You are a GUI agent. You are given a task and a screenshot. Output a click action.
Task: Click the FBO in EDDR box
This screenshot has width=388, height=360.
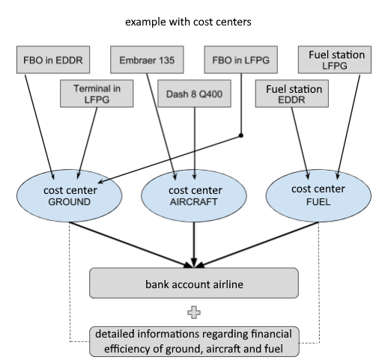[53, 60]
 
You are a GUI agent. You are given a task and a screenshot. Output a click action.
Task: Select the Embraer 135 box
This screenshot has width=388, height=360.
[147, 60]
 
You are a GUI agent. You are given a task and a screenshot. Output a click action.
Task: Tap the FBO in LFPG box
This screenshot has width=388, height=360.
[241, 60]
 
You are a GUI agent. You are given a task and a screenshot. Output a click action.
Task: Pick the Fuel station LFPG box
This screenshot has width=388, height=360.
[335, 60]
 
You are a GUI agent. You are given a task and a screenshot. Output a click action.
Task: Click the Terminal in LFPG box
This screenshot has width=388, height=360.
[97, 94]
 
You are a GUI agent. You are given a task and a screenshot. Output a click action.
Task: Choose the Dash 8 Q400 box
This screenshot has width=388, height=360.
[195, 94]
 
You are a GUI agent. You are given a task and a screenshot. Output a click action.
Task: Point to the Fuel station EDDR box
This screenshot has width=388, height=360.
[292, 94]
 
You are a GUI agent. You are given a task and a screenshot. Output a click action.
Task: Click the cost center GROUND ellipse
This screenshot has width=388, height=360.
[70, 196]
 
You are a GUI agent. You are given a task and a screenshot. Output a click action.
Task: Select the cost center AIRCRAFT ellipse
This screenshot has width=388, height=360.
[194, 196]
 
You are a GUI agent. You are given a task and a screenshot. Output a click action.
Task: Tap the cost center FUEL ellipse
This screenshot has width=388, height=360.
[318, 196]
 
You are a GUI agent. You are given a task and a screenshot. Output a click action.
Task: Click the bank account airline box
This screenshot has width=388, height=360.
[194, 283]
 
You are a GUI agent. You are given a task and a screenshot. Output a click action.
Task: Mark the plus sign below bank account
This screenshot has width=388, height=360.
[194, 312]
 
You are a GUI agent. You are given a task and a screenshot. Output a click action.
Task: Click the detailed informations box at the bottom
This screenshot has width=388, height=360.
[194, 341]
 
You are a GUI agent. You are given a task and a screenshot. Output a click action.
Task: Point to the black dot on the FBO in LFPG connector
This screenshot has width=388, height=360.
[241, 135]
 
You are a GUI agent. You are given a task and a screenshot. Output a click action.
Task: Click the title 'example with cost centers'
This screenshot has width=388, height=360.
[188, 22]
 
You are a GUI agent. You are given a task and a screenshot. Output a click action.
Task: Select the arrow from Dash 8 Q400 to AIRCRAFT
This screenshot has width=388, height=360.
[195, 144]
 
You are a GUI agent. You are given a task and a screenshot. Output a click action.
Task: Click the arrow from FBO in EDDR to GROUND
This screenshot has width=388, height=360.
[39, 126]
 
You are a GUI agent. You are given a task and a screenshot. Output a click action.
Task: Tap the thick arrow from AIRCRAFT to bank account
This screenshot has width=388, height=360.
[194, 245]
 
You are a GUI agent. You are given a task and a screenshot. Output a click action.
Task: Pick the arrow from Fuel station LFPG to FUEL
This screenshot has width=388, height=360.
[348, 126]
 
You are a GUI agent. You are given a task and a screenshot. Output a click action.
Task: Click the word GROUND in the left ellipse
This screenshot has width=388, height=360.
[70, 202]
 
